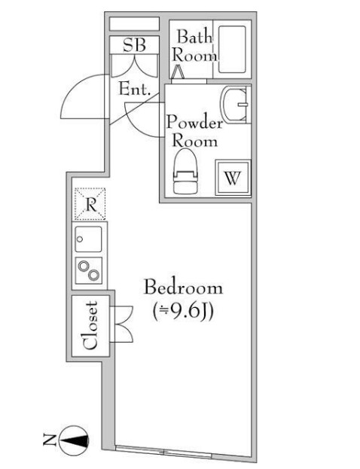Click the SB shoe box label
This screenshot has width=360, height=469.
[x=134, y=45]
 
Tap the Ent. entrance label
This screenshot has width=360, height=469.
[x=134, y=89]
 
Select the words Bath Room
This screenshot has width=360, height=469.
[x=194, y=46]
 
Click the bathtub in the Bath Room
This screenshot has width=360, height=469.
[x=232, y=50]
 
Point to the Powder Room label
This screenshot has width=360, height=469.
[x=195, y=132]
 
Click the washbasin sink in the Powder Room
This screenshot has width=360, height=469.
[x=236, y=105]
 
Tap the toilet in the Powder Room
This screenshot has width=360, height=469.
[x=185, y=172]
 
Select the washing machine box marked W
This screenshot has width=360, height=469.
[x=233, y=178]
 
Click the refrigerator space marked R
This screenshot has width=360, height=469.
[x=90, y=204]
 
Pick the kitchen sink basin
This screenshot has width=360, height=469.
[x=88, y=239]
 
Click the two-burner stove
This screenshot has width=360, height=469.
[x=88, y=270]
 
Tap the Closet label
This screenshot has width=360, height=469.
[x=90, y=326]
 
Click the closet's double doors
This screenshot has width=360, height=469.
[x=121, y=324]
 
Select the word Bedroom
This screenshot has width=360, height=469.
[x=184, y=287]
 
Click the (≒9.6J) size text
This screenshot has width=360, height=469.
[x=183, y=312]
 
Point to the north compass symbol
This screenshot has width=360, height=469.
[x=74, y=440]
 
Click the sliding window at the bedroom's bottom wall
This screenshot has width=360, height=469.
[x=163, y=452]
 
